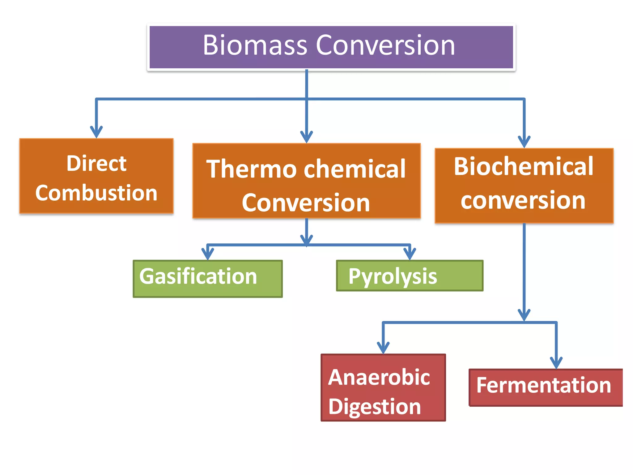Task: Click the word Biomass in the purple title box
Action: pos(255,45)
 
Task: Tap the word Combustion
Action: pos(96,193)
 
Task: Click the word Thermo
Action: pos(251,169)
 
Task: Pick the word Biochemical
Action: pos(524,167)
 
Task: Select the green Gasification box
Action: pos(207,278)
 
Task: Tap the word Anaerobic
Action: pos(379,378)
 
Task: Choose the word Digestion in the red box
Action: pos(375,407)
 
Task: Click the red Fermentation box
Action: pos(545,387)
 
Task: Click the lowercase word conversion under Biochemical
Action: pos(523,200)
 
